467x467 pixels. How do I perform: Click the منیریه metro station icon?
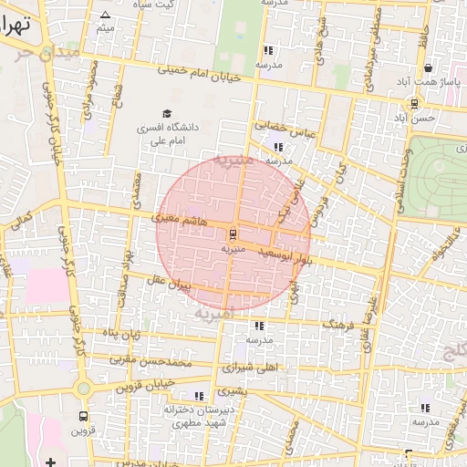[232, 233]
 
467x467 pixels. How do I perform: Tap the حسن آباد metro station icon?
[415, 103]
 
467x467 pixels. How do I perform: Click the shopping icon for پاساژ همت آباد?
[428, 67]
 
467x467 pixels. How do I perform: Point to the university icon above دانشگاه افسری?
[166, 112]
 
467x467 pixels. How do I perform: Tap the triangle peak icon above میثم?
[105, 16]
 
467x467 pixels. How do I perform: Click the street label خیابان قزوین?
[150, 386]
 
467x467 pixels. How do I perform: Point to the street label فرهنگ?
[339, 325]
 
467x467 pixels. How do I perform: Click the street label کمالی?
[19, 218]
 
